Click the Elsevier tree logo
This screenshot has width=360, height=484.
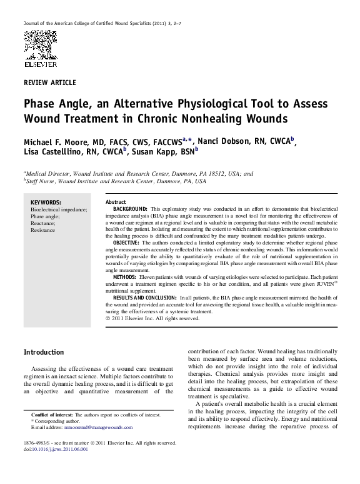[40, 44]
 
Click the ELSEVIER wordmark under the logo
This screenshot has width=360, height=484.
[40, 64]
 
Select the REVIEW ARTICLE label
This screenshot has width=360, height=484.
[49, 83]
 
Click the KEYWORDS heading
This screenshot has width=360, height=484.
[46, 203]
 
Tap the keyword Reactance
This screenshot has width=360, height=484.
[44, 223]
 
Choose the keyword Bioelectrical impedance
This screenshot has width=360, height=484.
[59, 209]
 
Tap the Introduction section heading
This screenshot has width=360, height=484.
[43, 353]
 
